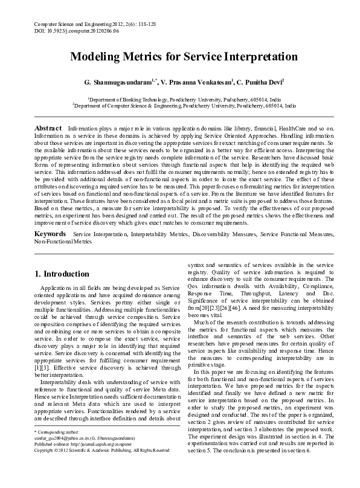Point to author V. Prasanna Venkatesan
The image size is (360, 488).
[x=188, y=81]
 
